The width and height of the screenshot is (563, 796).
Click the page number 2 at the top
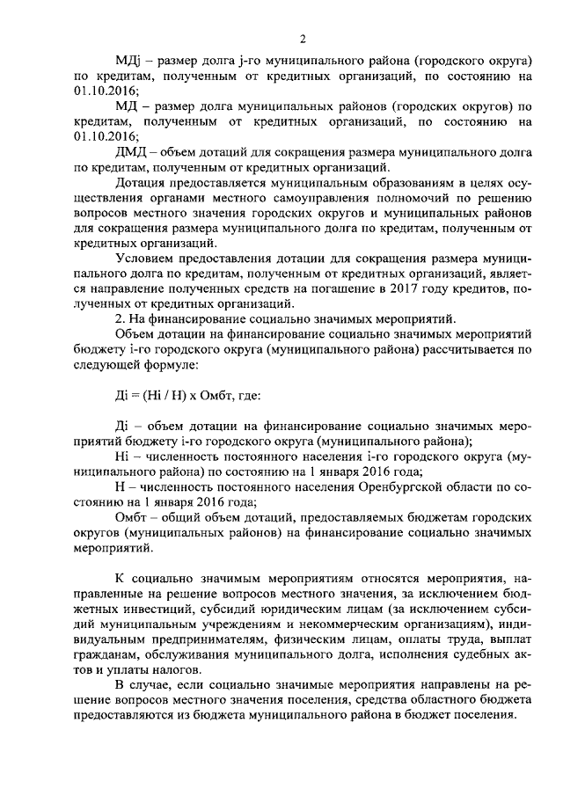point(302,38)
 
